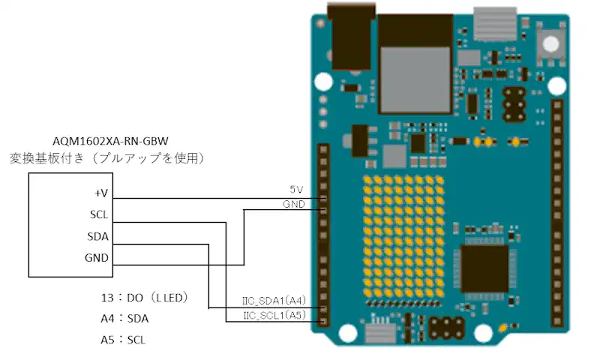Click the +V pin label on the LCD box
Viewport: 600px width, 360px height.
tap(101, 193)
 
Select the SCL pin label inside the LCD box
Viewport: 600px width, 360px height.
tap(99, 214)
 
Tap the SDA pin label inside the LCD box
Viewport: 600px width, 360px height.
tap(98, 236)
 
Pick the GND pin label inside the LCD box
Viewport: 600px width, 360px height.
tap(97, 258)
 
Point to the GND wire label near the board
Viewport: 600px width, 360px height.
tap(293, 204)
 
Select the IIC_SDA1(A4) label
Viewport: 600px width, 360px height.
tap(274, 301)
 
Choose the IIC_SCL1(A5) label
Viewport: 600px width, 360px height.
tap(274, 316)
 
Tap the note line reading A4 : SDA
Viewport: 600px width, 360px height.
tap(124, 318)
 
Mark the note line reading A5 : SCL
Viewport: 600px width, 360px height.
tap(124, 339)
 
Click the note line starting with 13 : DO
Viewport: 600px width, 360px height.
tap(143, 297)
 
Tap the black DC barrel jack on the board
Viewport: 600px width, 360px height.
tap(349, 41)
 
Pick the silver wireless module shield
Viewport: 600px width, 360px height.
tap(415, 67)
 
